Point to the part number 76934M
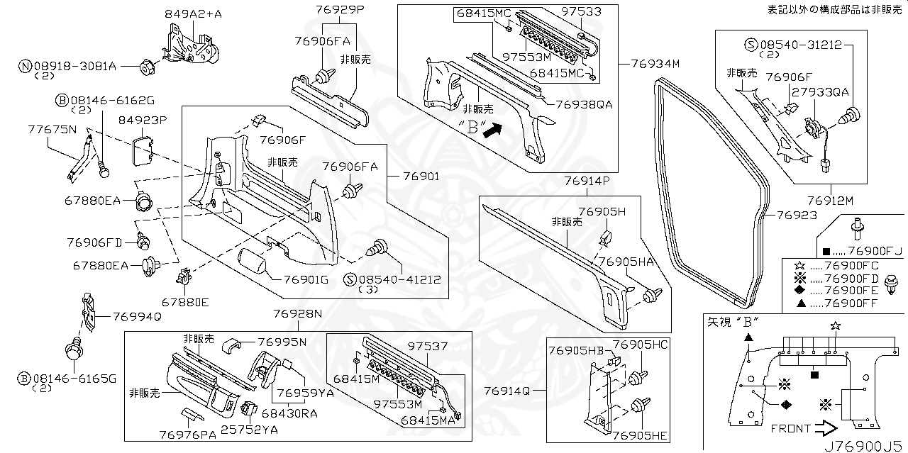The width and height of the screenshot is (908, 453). pos(655,64)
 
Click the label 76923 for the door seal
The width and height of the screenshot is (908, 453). pos(796,215)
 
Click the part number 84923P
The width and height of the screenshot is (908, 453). pos(142,121)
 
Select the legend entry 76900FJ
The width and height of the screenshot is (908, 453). pos(874,252)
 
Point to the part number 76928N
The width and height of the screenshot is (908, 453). pos(298,313)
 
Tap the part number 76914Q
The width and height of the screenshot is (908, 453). pos(506,391)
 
